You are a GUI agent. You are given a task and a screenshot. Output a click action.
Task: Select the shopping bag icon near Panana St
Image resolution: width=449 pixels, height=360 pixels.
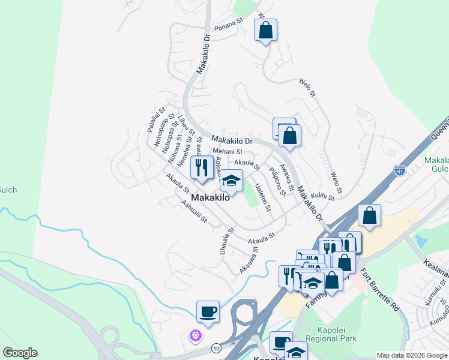pos(265,31)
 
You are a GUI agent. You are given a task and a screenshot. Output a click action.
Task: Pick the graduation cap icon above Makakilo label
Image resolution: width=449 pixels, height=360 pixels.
pos(231,181)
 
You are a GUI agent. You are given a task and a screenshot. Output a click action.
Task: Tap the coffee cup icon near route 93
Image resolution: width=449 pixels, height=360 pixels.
pos(208,312)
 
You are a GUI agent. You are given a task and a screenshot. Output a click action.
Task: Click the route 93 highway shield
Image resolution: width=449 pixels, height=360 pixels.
pos(215,348)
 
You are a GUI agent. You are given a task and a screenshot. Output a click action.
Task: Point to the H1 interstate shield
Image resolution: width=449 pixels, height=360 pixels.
pos(399,170)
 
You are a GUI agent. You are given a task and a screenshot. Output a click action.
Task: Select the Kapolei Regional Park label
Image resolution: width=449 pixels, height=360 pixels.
pos(331,334)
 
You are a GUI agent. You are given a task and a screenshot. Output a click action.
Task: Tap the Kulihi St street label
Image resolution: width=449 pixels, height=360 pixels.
pos(322,196)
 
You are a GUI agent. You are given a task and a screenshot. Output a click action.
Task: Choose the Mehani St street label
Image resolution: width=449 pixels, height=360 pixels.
pos(228,152)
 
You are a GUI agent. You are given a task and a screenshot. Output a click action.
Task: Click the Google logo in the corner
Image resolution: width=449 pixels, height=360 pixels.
pos(20,353)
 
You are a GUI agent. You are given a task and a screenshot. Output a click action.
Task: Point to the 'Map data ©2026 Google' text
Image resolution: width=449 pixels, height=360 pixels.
pos(412,355)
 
